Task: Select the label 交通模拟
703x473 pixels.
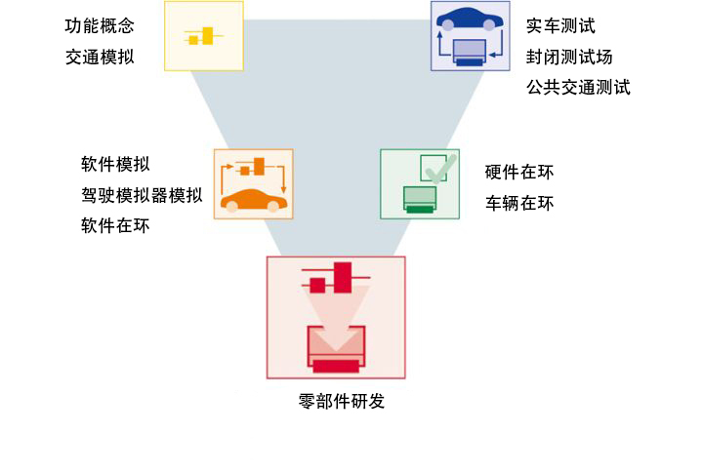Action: pos(100,57)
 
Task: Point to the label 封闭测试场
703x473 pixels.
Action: pos(569,57)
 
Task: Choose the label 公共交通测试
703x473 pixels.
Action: pos(578,87)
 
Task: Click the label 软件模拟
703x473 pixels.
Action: pos(115,164)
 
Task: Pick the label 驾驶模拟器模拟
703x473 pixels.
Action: pos(142,194)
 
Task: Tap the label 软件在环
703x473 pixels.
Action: pos(115,225)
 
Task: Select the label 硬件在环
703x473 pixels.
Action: pos(519,173)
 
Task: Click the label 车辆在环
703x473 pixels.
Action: pos(519,203)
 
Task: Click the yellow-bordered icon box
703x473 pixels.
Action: pos(204,36)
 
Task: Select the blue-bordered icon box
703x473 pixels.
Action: pos(469,35)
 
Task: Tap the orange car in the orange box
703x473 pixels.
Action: pos(254,201)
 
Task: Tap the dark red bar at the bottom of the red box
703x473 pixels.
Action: pos(336,367)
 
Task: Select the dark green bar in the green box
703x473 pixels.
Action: pos(420,208)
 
